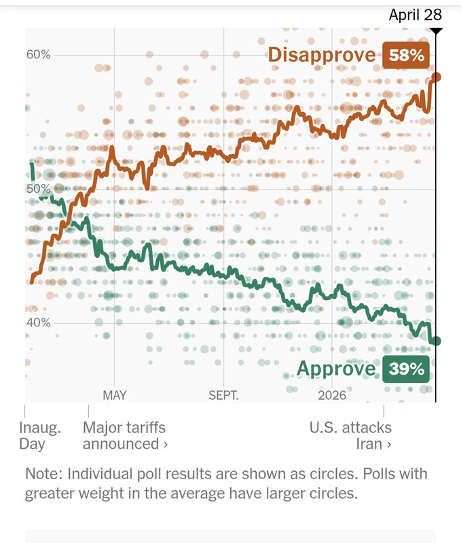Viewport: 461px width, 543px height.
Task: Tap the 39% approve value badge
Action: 407,369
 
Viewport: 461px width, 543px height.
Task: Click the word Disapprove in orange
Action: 322,56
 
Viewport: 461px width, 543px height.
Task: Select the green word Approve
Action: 336,369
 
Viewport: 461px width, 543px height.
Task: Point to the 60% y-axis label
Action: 39,55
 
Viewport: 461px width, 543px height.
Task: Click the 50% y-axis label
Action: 39,189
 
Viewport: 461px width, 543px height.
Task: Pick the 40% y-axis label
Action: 39,322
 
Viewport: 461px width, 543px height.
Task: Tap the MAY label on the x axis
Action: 115,395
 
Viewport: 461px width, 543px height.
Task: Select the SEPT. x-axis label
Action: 223,395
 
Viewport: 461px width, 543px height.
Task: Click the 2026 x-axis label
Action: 332,395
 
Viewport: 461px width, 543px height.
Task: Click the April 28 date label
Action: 416,15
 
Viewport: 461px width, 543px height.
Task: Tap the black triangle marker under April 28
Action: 437,31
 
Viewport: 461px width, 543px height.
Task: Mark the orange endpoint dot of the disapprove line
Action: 437,77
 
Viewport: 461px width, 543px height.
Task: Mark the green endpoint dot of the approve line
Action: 437,341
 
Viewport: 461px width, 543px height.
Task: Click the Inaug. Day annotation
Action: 39,436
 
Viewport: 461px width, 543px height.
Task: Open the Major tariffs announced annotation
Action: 125,436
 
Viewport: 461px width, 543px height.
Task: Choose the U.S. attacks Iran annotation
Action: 350,436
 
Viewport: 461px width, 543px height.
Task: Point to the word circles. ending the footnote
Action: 333,493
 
